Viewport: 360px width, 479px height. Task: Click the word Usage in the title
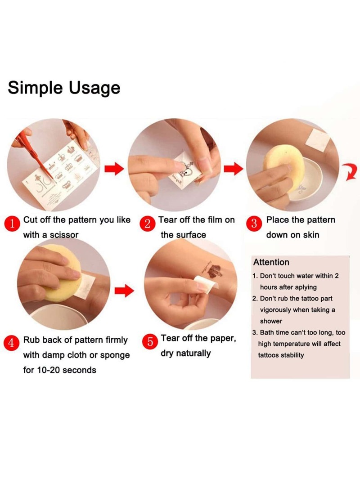(x=94, y=89)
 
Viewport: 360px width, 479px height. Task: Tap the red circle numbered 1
(x=12, y=224)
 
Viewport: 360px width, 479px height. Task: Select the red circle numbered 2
(x=147, y=224)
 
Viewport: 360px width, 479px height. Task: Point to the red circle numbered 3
(x=254, y=224)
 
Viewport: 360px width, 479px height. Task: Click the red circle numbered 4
(x=11, y=343)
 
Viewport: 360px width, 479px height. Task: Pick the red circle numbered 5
(x=150, y=341)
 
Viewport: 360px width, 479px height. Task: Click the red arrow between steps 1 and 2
(x=114, y=169)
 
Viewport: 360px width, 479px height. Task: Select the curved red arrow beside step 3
(x=350, y=172)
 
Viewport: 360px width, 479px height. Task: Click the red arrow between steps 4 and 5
(x=124, y=291)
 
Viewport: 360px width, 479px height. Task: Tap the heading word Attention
(x=271, y=262)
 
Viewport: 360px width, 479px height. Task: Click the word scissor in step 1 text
(x=64, y=235)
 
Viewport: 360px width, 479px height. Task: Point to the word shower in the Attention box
(x=271, y=321)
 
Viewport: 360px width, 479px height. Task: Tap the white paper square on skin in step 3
(x=318, y=140)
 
